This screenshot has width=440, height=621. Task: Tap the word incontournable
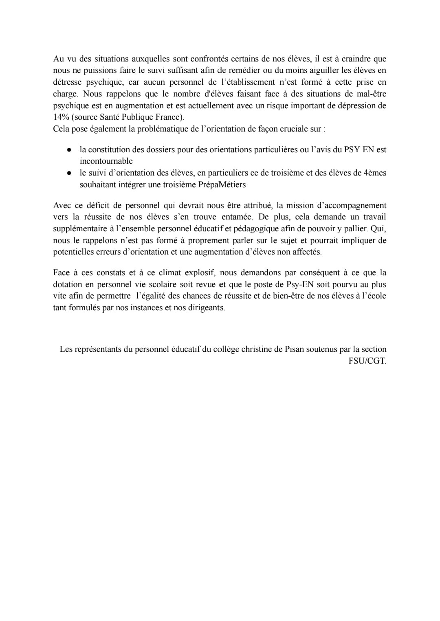106,161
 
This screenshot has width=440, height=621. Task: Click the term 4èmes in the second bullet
374,173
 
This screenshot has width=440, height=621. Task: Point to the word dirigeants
207,308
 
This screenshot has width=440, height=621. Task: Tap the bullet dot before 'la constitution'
70,150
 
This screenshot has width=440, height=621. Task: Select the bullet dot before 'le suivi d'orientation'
70,173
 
